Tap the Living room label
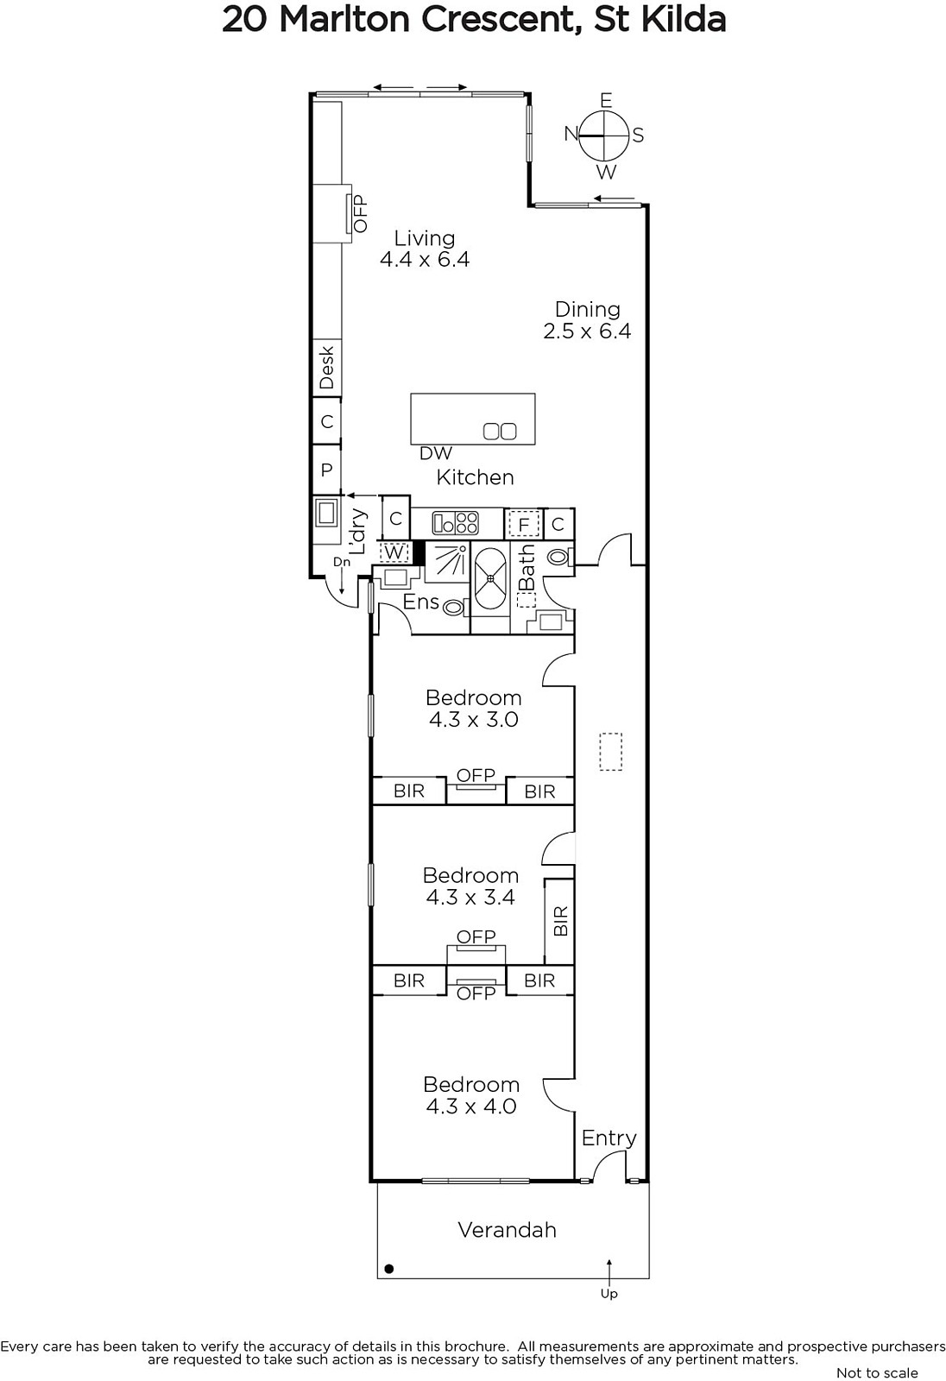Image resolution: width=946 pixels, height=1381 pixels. tap(425, 249)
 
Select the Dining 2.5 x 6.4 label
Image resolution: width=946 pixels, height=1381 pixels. tap(587, 320)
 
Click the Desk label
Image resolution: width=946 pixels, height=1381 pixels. tap(327, 368)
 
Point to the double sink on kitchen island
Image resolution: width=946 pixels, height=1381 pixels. tap(500, 431)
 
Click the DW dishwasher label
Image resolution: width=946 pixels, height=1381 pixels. tap(436, 453)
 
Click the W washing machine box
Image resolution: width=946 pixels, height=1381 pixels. tap(394, 552)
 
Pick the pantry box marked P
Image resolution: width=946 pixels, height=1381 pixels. tap(327, 470)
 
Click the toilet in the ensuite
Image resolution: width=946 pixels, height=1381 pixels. tap(455, 608)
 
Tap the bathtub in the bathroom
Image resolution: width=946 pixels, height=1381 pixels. tap(490, 578)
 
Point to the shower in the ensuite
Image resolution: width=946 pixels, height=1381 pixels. tap(446, 561)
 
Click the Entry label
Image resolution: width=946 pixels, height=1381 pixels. tap(609, 1138)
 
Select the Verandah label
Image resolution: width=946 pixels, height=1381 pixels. tap(507, 1230)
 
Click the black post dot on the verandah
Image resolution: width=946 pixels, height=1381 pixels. tap(389, 1269)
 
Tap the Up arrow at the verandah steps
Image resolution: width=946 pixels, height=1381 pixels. tap(609, 1272)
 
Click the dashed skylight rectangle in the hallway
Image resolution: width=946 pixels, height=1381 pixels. tap(610, 752)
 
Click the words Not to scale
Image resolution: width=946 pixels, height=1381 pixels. tap(877, 1372)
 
